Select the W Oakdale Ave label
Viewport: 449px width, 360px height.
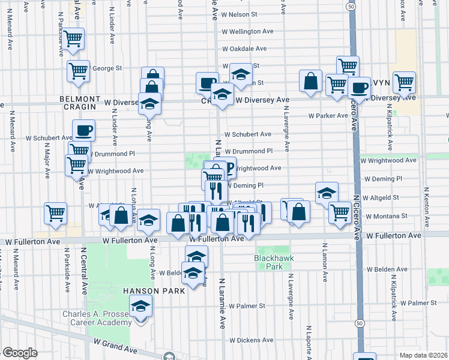[244, 49]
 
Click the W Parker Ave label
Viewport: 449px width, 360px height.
[328, 116]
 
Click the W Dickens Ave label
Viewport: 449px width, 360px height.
[252, 340]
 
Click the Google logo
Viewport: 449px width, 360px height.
[20, 353]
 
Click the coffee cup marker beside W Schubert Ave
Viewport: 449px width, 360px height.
[83, 130]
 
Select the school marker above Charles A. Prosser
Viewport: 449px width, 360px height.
[141, 308]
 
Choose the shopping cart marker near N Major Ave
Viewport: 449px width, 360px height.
[55, 213]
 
